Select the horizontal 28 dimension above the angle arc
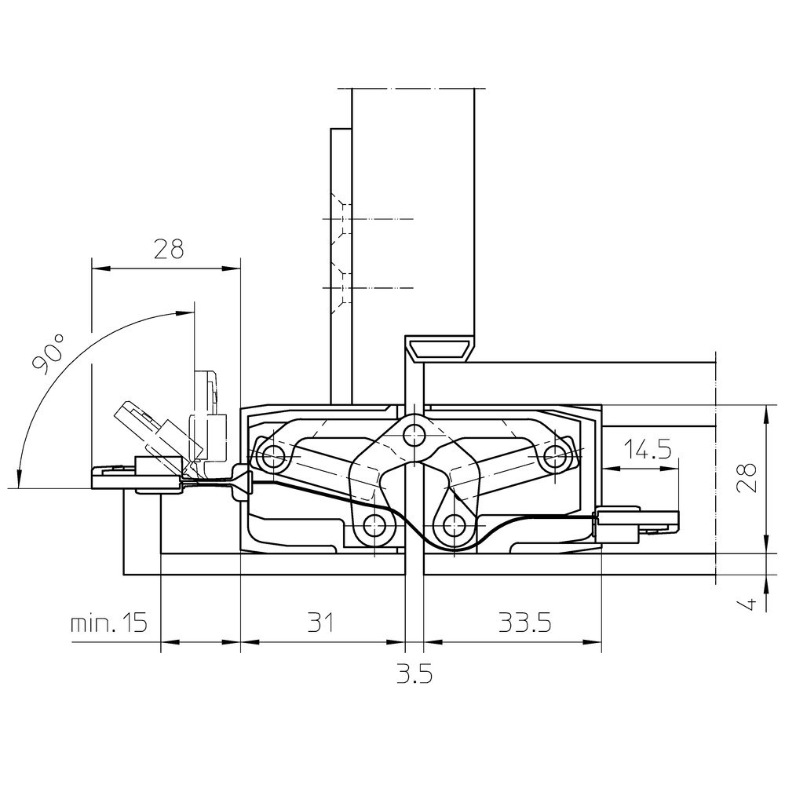point(169,249)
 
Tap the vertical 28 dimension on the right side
point(747,477)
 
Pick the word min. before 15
point(92,623)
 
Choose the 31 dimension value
point(320,623)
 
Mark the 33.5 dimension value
point(524,623)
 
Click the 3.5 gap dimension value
point(414,674)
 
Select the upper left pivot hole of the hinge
point(272,455)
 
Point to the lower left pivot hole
point(374,526)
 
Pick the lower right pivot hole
point(454,526)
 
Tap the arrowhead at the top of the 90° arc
point(185,312)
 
